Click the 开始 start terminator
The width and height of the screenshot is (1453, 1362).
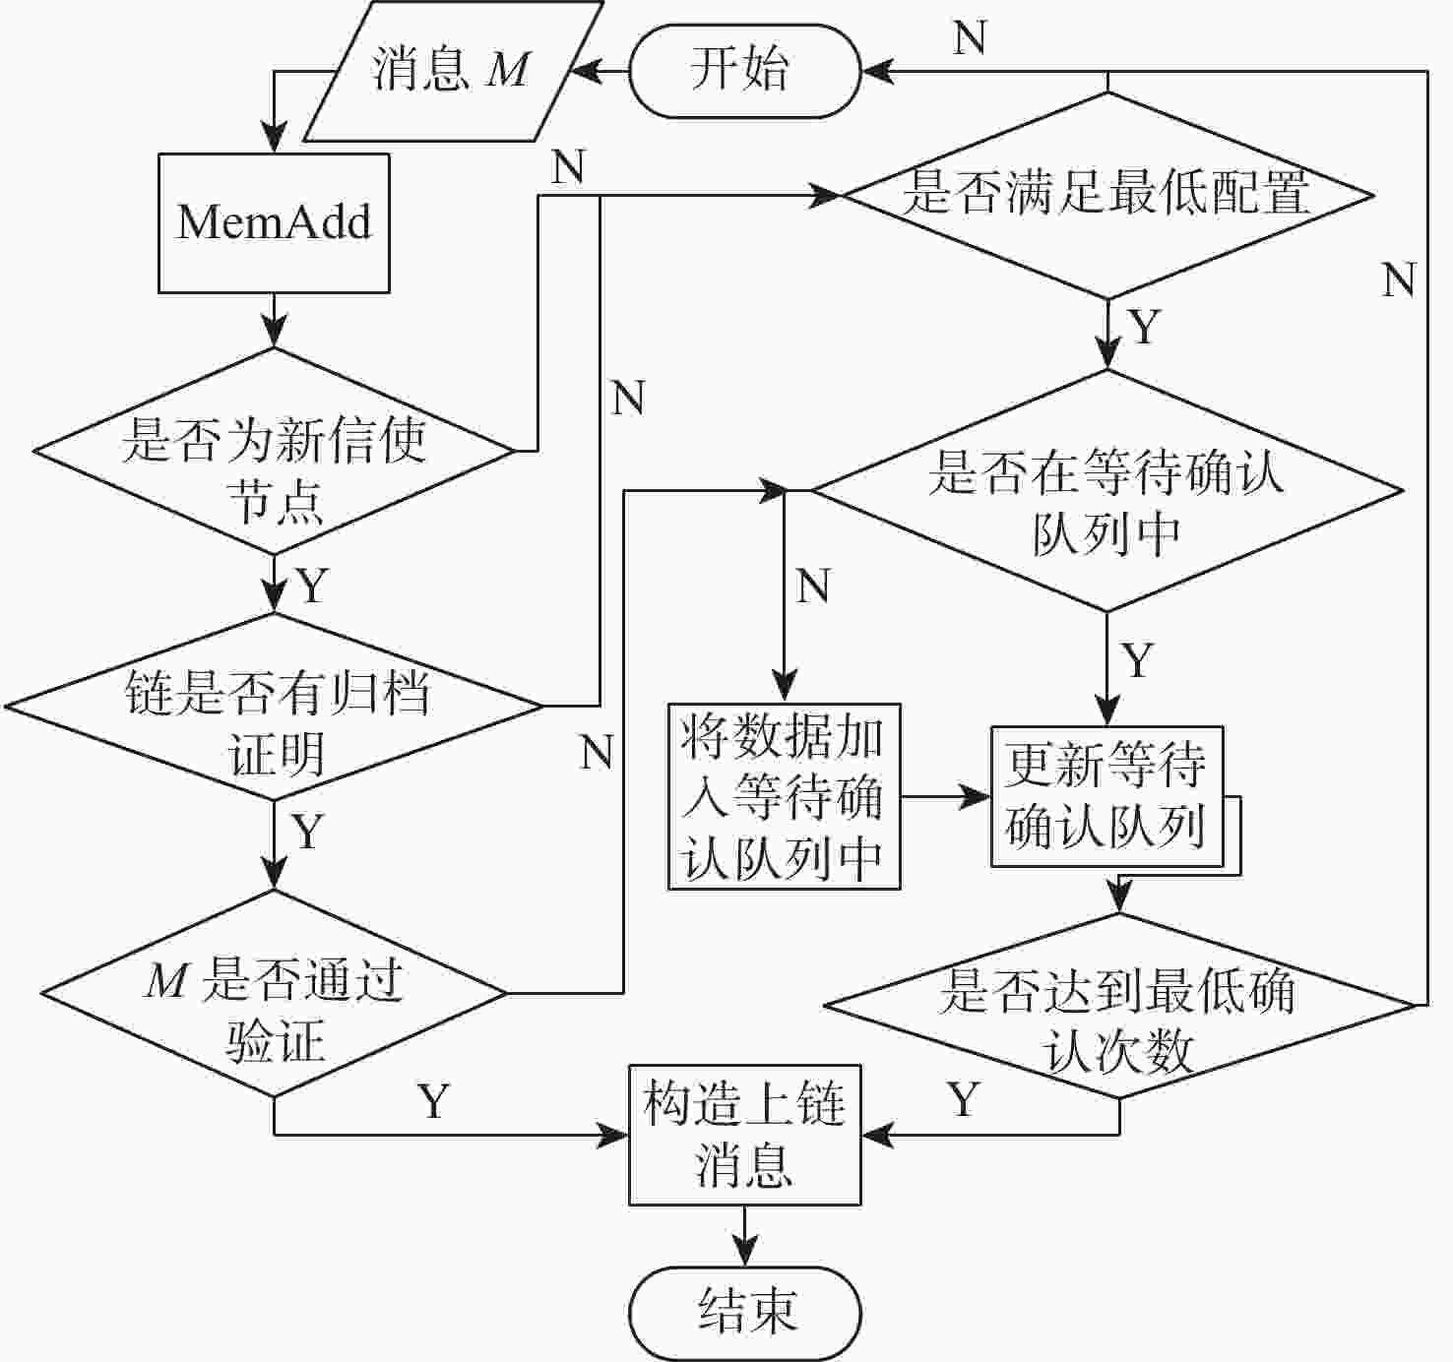click(744, 71)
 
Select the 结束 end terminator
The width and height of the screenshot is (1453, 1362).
click(744, 1313)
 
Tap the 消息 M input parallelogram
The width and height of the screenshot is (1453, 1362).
click(452, 71)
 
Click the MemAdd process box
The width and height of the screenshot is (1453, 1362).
click(274, 222)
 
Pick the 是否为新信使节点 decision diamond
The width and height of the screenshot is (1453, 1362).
click(274, 451)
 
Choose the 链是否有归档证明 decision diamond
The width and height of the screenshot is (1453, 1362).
click(274, 707)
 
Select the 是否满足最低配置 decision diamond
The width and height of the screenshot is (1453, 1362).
click(1107, 194)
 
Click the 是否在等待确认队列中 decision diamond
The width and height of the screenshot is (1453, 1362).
click(1107, 490)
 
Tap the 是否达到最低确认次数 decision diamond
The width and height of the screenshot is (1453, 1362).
click(1118, 1006)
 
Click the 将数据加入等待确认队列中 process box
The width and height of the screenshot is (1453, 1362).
click(784, 796)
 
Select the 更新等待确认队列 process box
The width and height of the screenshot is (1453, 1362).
click(1106, 796)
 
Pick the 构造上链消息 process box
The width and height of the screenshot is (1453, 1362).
click(744, 1135)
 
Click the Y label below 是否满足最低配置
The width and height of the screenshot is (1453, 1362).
click(1144, 327)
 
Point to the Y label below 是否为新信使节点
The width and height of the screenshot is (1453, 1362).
click(311, 586)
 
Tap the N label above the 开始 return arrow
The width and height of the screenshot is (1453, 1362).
click(970, 38)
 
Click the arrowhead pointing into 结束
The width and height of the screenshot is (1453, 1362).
click(744, 1255)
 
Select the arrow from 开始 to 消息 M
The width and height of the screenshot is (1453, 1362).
click(600, 71)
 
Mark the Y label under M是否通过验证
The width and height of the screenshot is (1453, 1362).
click(433, 1100)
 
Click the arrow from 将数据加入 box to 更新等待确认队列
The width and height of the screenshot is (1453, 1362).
click(945, 796)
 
